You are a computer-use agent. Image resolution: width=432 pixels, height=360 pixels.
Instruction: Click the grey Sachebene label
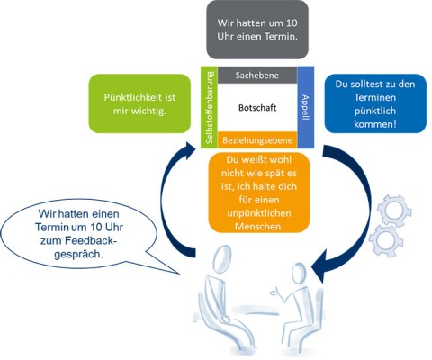[257, 75]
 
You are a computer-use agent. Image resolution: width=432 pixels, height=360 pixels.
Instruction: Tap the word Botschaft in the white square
[257, 108]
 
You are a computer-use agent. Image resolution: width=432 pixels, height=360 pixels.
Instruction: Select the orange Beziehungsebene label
[257, 140]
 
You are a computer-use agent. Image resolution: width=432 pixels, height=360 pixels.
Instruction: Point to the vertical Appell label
[305, 108]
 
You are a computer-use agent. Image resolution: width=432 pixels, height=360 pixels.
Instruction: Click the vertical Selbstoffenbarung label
[210, 107]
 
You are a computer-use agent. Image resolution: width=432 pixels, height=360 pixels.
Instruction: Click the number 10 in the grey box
[291, 23]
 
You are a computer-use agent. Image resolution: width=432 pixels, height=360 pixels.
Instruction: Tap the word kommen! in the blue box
[375, 124]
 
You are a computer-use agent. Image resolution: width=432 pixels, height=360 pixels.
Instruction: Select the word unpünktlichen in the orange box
[259, 213]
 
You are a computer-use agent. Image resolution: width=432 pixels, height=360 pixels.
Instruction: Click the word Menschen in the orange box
[257, 226]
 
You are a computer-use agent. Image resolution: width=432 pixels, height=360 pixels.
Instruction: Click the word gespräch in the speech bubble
[77, 254]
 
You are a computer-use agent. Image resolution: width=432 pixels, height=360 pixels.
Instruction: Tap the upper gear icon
[394, 210]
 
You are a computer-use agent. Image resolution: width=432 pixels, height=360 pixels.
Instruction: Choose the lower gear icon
[382, 240]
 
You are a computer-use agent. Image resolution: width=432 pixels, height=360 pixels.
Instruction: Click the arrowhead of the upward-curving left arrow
[190, 149]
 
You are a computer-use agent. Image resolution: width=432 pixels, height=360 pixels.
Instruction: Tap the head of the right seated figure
[300, 273]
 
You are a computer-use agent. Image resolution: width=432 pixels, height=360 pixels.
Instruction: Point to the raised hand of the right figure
[274, 292]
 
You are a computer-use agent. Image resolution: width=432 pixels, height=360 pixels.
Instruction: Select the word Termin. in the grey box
[281, 37]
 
